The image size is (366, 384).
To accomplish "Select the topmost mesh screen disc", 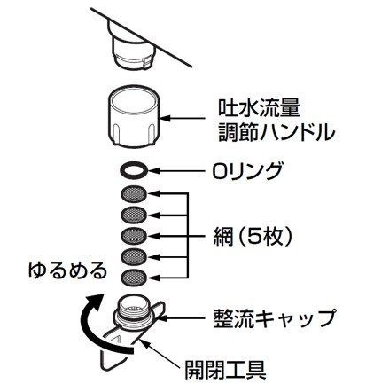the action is (x=134, y=193).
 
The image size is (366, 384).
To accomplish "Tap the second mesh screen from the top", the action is (x=134, y=215).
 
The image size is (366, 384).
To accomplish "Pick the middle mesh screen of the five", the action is (x=134, y=236).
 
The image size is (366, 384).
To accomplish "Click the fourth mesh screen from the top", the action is (x=134, y=256).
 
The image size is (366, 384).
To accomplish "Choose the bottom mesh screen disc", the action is (x=134, y=278).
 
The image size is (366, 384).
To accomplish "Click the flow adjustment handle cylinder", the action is (x=134, y=117).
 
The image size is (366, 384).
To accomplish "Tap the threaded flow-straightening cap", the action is (x=133, y=312).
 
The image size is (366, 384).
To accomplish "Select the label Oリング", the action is (x=246, y=170).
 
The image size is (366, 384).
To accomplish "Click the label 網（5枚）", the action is (x=253, y=237).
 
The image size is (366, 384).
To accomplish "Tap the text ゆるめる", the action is (x=67, y=270).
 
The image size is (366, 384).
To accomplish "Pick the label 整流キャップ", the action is (x=274, y=318).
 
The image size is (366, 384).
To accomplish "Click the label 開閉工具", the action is (x=225, y=370).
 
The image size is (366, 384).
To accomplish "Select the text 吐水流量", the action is (x=259, y=108).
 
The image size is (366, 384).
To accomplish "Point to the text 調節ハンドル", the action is (x=276, y=132).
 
